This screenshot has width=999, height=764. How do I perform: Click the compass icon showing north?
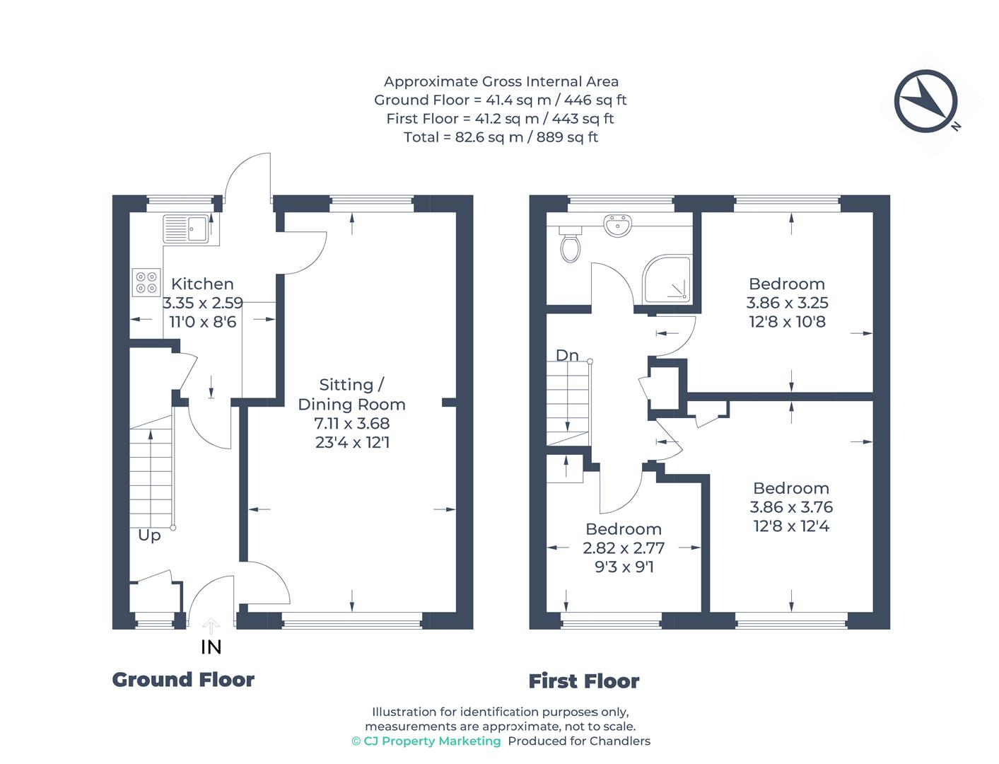point(925,100)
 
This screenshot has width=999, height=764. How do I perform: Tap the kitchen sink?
point(186,228)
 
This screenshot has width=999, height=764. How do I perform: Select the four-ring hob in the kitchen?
point(146,282)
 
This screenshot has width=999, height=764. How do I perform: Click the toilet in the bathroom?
point(570,244)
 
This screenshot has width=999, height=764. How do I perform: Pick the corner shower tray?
point(666,279)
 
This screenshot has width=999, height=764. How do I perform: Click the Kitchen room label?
point(202,284)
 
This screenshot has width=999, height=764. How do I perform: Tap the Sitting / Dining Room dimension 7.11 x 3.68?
point(351,423)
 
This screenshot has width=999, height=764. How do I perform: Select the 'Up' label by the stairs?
point(149,536)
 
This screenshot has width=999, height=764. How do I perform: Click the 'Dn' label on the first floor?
point(567,355)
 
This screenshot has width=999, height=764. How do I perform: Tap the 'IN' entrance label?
point(211,647)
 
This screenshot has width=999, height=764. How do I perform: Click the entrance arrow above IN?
point(211,625)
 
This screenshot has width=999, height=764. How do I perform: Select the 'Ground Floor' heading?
point(183,680)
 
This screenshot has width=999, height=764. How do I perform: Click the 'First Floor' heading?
point(584,681)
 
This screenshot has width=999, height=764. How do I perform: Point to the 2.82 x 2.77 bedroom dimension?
point(624,548)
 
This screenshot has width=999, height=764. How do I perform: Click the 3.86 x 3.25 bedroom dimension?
point(787,302)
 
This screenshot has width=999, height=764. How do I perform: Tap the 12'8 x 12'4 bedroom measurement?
point(791,526)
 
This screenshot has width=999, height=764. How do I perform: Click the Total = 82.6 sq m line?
point(501,137)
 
